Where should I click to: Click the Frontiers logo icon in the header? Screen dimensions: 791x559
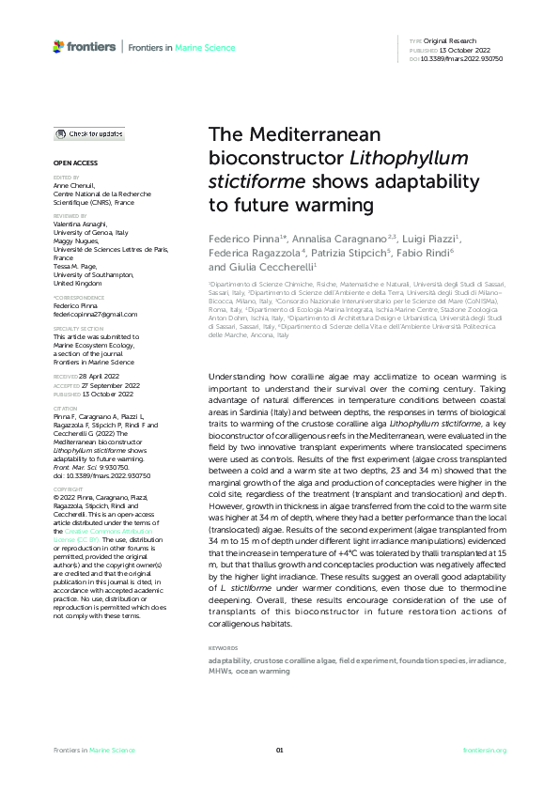(x=59, y=45)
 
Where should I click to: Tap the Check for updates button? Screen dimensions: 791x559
(x=90, y=134)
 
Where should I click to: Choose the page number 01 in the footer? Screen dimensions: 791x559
(x=279, y=750)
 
